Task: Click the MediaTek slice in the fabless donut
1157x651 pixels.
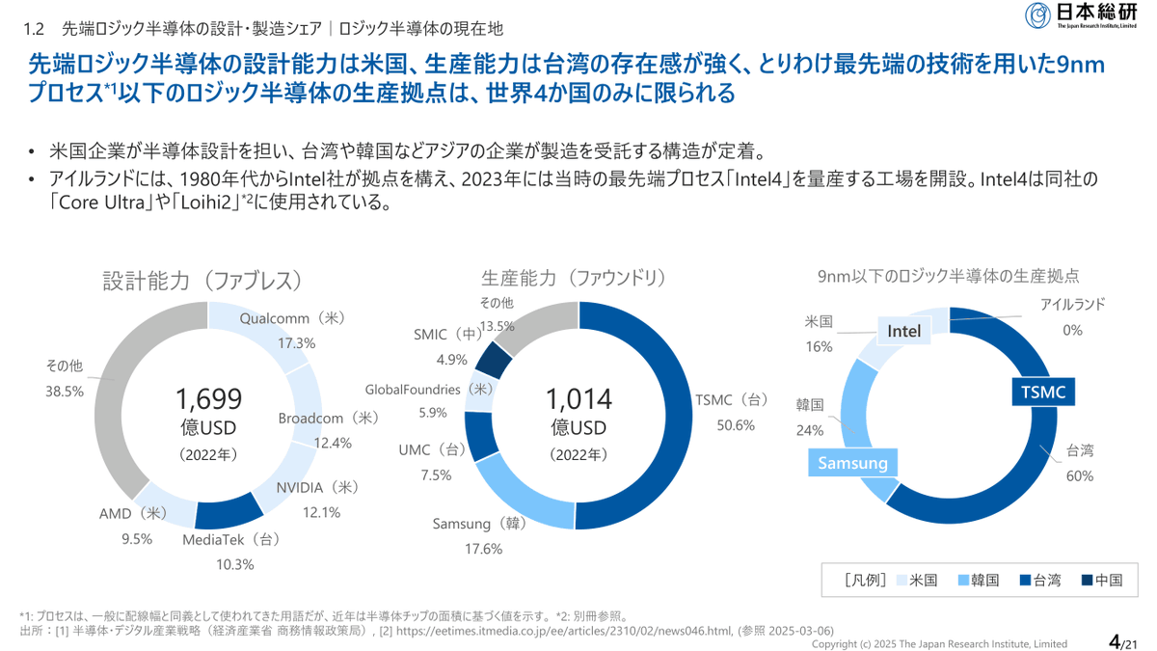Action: (x=229, y=510)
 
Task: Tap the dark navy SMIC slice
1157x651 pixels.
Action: (x=493, y=359)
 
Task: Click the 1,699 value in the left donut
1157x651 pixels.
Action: (x=208, y=399)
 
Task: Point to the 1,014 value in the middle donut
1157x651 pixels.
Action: (x=578, y=399)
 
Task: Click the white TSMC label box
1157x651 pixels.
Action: (x=1043, y=392)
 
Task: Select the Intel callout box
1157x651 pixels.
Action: (x=904, y=331)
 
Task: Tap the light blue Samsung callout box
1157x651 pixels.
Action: (x=852, y=462)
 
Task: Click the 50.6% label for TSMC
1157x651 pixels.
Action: (x=736, y=425)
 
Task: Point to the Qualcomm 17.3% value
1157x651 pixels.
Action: (x=297, y=343)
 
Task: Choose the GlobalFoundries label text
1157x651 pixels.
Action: (x=413, y=389)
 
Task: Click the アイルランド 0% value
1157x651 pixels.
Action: (x=1073, y=330)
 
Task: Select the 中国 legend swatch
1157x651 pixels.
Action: (x=1087, y=581)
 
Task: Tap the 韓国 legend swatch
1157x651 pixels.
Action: (x=963, y=581)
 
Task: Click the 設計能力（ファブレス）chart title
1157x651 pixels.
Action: (x=202, y=281)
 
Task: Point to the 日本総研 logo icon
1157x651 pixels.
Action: (x=1037, y=15)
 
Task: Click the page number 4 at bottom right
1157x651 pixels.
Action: (x=1115, y=641)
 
